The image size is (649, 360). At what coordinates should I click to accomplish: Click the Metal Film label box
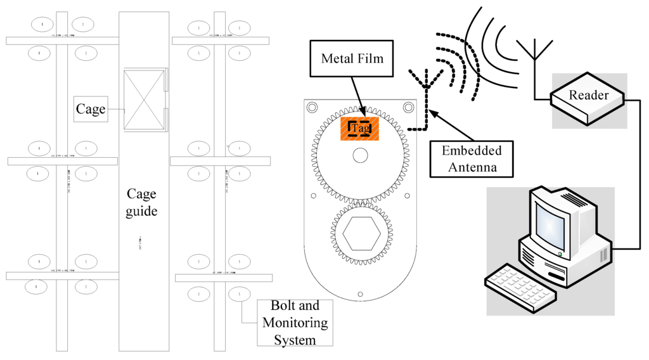click(352, 59)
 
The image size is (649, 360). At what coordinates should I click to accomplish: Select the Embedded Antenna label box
click(471, 158)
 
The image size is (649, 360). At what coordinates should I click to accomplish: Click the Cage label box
click(91, 109)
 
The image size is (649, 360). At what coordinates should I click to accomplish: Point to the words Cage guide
click(141, 202)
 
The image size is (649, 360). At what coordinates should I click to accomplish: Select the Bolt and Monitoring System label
click(295, 323)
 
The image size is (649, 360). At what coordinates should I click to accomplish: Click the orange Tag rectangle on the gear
click(360, 128)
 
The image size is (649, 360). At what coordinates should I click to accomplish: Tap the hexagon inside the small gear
click(361, 235)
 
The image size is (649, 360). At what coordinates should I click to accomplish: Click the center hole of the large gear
click(361, 155)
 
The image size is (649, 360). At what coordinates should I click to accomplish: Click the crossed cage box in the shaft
click(144, 100)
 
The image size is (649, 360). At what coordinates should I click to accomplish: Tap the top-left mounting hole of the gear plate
click(312, 108)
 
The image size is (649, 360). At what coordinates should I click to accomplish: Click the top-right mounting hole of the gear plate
click(408, 108)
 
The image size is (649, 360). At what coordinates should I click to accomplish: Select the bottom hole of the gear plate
click(360, 293)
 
